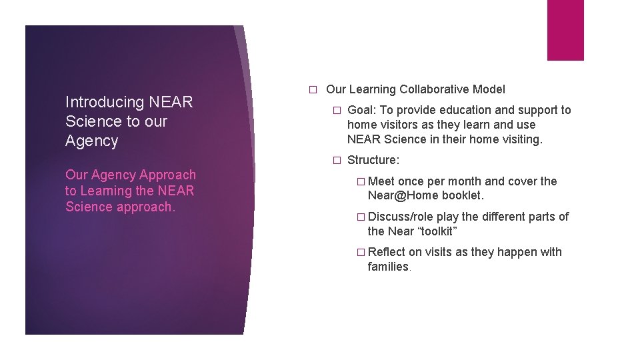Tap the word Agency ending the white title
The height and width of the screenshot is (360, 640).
[x=91, y=141]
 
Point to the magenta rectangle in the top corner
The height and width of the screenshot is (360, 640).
[x=565, y=30]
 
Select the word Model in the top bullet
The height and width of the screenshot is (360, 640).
[x=489, y=89]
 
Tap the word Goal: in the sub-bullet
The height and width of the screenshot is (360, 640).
[x=361, y=110]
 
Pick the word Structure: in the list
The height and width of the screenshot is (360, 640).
[x=373, y=160]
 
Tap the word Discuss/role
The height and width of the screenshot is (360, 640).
[x=400, y=217]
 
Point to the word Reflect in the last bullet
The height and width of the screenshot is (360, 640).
[x=386, y=252]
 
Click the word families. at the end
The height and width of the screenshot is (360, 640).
[x=389, y=267]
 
